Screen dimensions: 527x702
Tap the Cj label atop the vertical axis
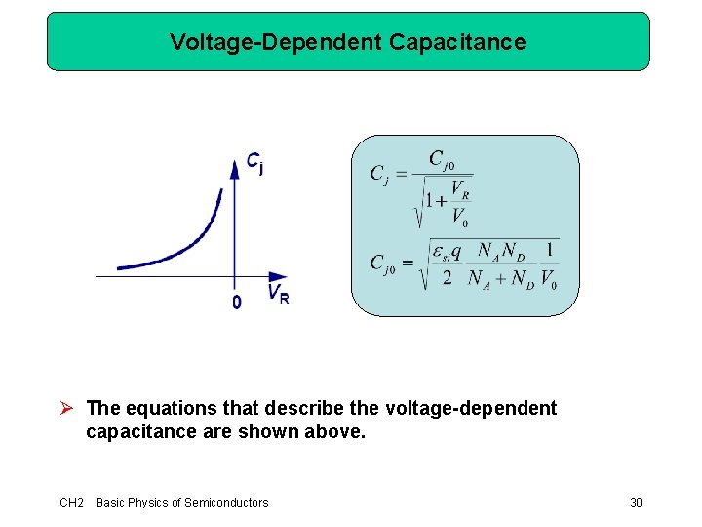click(254, 163)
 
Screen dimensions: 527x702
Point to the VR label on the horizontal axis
click(278, 294)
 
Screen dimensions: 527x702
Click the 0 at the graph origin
click(237, 304)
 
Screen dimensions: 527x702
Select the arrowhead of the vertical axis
click(234, 167)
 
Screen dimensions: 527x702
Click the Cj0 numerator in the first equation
click(442, 160)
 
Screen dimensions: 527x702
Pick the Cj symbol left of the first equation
click(379, 175)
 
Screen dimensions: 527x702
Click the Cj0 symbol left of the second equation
click(382, 263)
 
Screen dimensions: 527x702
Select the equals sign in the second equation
click(409, 263)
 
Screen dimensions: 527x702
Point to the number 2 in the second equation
click(447, 279)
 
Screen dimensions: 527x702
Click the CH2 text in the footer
click(71, 502)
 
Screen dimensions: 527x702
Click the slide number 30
click(636, 502)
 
